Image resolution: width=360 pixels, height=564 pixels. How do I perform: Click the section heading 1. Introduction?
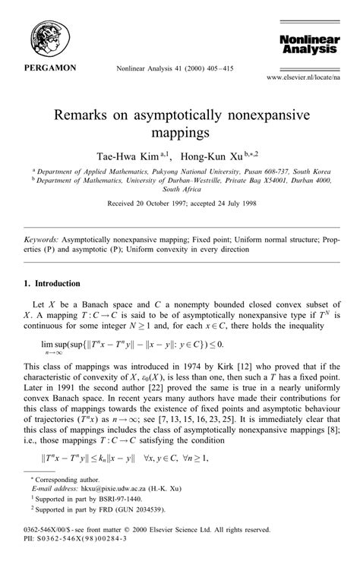tap(52, 283)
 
